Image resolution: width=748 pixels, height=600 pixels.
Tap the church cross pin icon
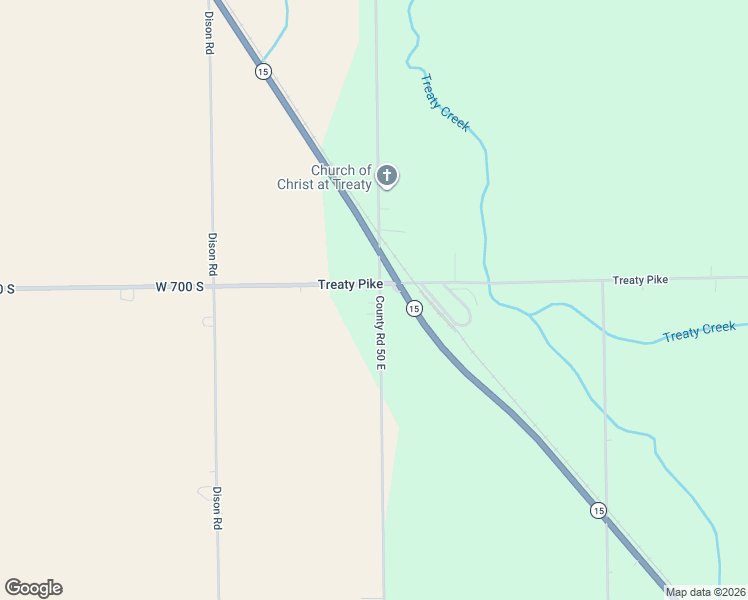click(387, 177)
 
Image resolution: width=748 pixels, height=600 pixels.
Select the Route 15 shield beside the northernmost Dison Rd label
click(263, 71)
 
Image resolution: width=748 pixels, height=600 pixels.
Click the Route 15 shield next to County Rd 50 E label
click(414, 309)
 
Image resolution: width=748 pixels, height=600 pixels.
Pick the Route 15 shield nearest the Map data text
click(598, 510)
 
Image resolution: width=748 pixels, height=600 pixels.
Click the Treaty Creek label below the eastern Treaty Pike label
click(699, 331)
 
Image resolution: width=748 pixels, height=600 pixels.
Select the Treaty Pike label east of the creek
click(640, 280)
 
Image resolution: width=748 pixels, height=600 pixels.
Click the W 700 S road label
click(180, 287)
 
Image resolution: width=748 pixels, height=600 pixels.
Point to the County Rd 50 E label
click(380, 332)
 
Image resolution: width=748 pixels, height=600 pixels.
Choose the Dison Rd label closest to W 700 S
click(212, 254)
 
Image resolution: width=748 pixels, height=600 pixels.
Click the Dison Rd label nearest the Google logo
click(216, 508)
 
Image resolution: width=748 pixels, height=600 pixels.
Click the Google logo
click(34, 588)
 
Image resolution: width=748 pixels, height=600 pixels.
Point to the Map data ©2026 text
click(705, 592)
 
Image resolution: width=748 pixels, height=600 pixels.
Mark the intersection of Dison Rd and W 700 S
click(213, 287)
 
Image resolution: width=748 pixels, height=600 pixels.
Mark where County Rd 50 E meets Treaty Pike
click(379, 285)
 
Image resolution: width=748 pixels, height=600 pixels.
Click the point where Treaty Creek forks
click(530, 315)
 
